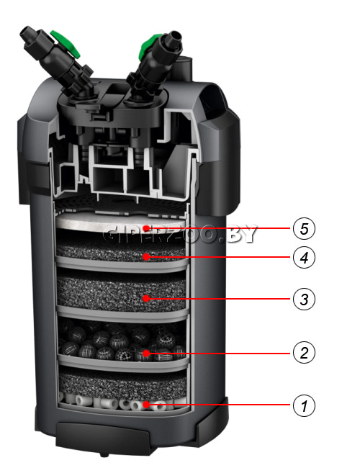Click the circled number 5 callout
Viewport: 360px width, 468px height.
click(x=304, y=229)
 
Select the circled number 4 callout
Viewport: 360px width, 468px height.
click(x=304, y=257)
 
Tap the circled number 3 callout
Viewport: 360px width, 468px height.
click(x=304, y=299)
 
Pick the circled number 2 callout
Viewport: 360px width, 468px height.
click(x=304, y=353)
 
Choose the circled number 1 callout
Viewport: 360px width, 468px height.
click(x=304, y=405)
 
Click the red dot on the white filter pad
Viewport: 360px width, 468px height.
click(x=146, y=228)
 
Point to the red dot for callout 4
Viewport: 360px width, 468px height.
click(x=146, y=257)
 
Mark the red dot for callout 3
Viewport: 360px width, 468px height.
click(x=146, y=298)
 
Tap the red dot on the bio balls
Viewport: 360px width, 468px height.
click(x=146, y=354)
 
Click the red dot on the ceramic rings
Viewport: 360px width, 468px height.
click(x=146, y=405)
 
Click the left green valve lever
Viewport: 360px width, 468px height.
click(x=66, y=43)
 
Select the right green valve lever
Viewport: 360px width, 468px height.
click(x=150, y=47)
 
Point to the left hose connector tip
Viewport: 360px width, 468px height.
click(x=26, y=32)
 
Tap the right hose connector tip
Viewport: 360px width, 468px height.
click(x=176, y=36)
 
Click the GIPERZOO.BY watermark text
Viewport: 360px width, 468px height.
click(x=179, y=234)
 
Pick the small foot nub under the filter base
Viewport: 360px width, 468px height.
click(x=104, y=454)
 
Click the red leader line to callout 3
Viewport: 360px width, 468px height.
click(x=220, y=299)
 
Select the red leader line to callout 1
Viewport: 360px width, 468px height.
click(x=220, y=405)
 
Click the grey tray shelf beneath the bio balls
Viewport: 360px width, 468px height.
click(x=123, y=361)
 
